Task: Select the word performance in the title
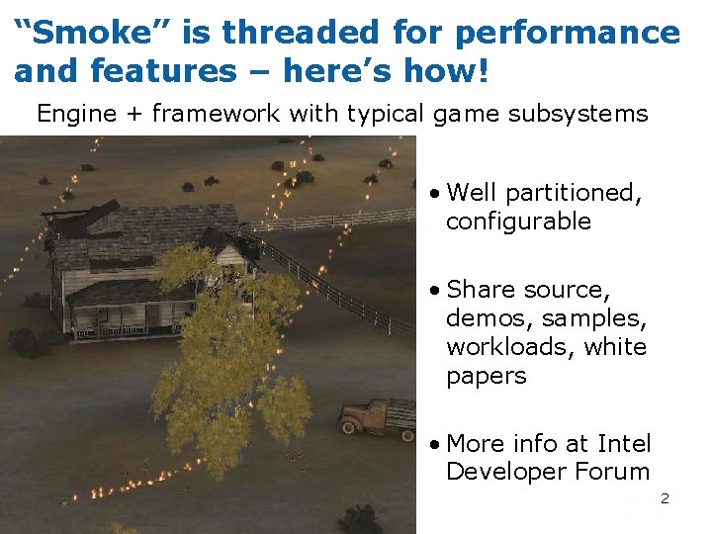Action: tap(568, 33)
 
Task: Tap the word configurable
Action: tap(518, 221)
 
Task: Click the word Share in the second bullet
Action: tap(482, 289)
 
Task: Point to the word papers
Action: tap(486, 376)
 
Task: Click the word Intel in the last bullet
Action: tap(623, 443)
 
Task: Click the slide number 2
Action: tap(665, 498)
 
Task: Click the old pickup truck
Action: tap(377, 415)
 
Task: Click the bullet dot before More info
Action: tap(435, 444)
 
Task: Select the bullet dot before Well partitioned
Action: tap(435, 193)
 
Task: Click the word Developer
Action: tap(511, 472)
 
